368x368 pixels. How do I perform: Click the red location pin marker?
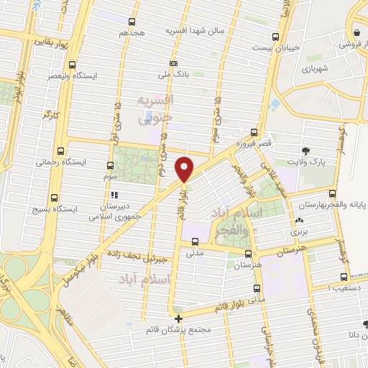pos(185,168)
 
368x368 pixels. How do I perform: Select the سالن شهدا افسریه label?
pos(195,32)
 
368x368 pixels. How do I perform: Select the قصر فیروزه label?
pos(257,144)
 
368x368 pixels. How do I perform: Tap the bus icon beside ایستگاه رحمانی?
pos(60,152)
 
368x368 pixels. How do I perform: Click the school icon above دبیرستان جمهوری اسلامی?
pos(113,195)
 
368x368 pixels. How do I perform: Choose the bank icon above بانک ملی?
pos(172,63)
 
